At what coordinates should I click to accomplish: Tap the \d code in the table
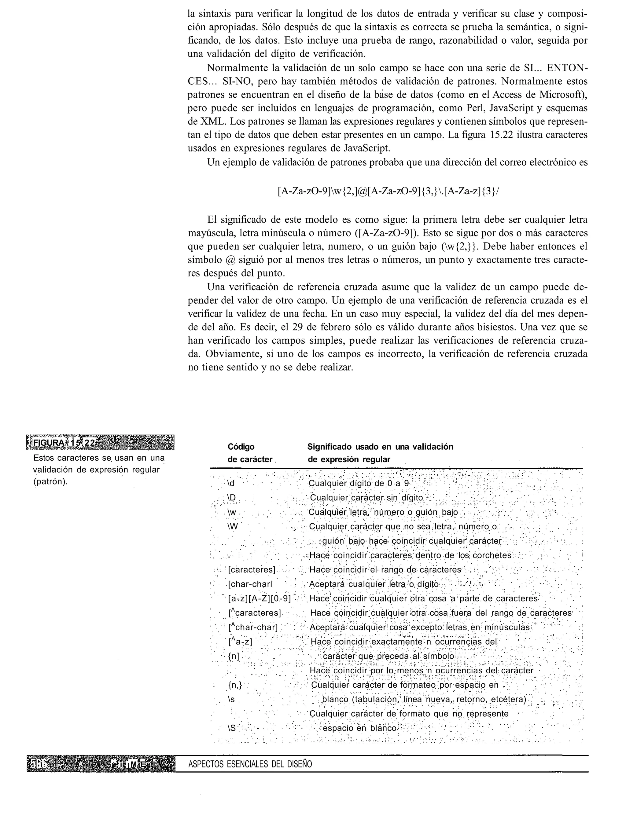click(x=231, y=484)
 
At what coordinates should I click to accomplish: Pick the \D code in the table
click(x=231, y=498)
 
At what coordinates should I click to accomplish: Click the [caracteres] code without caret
click(x=252, y=570)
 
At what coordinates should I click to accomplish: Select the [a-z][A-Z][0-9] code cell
click(x=259, y=599)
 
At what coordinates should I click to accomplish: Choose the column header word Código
click(x=241, y=447)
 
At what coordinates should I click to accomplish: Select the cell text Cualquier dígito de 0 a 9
click(x=359, y=484)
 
